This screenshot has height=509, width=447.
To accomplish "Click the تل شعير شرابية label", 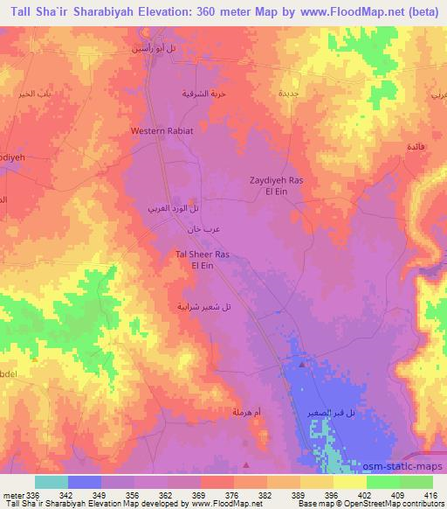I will click(x=203, y=306).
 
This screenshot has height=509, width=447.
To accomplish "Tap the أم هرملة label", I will click(x=247, y=411).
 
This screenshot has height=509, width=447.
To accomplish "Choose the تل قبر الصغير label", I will click(x=325, y=411).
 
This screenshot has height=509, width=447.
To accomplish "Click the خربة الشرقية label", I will click(x=203, y=92).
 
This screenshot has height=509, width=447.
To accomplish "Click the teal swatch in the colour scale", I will click(x=52, y=482).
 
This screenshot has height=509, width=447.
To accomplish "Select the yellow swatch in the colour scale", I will click(x=350, y=482).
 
